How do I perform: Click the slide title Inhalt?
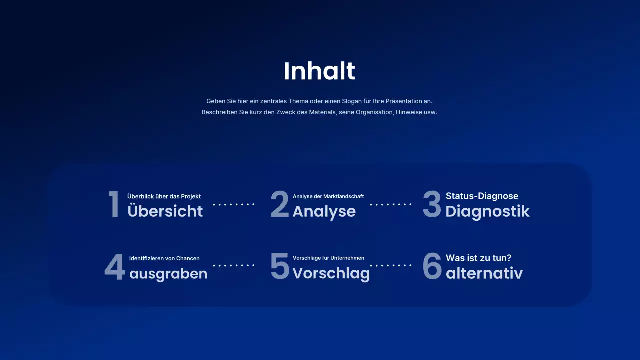[x=319, y=71]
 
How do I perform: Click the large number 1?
[x=114, y=204]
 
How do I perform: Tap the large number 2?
[x=280, y=204]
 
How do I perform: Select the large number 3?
[x=432, y=204]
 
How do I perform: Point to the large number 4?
[x=114, y=267]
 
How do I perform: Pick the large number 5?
[x=280, y=266]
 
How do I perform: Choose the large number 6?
[x=432, y=266]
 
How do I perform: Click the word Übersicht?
[x=165, y=211]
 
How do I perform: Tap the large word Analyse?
[x=324, y=211]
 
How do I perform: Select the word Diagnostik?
[x=487, y=211]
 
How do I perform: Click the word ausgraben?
[x=168, y=274]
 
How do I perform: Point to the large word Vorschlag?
[x=331, y=273]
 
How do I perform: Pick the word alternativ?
[x=484, y=273]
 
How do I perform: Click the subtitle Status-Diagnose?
[x=482, y=196]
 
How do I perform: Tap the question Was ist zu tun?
[x=478, y=258]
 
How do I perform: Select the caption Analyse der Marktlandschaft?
[x=328, y=196]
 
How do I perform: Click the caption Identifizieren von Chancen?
[x=164, y=258]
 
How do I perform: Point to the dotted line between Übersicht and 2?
[x=234, y=204]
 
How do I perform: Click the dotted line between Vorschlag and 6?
[x=390, y=266]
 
